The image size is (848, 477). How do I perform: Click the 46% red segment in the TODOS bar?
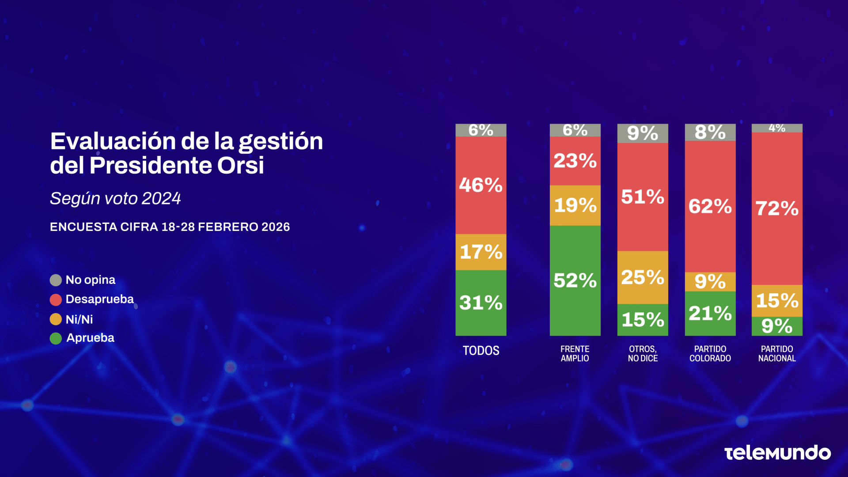[481, 185]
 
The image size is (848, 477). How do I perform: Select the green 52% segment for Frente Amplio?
[575, 280]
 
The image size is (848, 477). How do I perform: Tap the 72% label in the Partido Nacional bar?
[777, 208]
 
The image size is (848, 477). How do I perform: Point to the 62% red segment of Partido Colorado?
[710, 206]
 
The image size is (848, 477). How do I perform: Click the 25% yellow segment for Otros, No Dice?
[642, 277]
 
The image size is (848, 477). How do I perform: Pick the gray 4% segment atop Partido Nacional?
[777, 128]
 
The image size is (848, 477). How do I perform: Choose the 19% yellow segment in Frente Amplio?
[575, 205]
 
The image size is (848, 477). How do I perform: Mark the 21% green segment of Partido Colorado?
[710, 314]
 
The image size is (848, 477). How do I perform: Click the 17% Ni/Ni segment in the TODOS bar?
[481, 252]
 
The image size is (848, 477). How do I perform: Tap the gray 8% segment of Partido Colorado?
[710, 132]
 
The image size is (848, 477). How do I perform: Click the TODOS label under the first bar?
[481, 351]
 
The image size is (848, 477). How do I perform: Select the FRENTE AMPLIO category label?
[575, 354]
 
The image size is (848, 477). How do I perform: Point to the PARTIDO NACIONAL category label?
[777, 354]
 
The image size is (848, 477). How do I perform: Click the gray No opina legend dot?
[56, 280]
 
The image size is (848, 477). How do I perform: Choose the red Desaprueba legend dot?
[56, 300]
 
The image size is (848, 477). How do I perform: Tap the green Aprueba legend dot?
[56, 338]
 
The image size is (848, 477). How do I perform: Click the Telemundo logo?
[777, 453]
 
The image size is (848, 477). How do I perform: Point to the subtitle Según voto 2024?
[115, 199]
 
